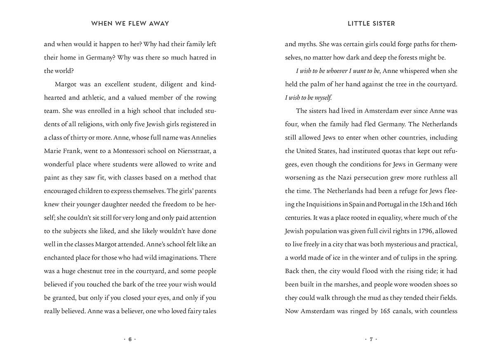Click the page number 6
[x=130, y=339]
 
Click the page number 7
[x=371, y=339]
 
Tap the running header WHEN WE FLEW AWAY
[x=130, y=24]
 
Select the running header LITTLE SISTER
[x=371, y=24]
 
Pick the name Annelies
[x=201, y=137]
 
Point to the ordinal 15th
[x=425, y=204]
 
